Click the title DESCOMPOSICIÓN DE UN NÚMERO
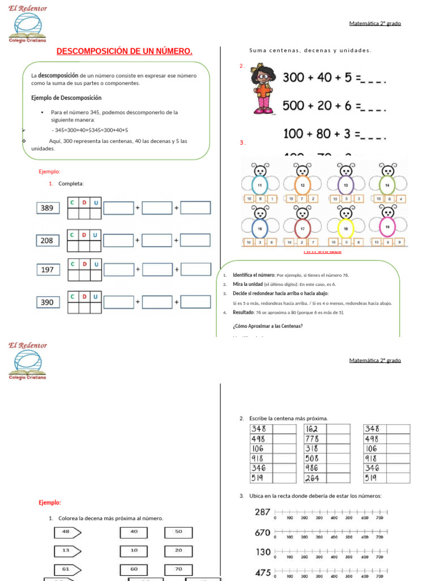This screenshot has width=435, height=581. click(125, 52)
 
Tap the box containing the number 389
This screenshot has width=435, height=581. click(47, 208)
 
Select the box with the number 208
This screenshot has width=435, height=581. click(47, 241)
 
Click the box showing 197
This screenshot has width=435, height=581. click(48, 270)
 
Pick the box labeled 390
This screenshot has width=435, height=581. click(47, 302)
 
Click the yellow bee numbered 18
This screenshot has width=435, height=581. click(346, 228)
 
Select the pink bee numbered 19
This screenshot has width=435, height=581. click(387, 227)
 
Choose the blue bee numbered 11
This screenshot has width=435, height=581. click(260, 185)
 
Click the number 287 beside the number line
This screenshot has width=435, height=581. click(262, 512)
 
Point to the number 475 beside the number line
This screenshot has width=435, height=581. click(262, 572)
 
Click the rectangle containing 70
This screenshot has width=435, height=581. click(178, 569)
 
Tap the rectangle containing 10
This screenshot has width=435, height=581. click(134, 550)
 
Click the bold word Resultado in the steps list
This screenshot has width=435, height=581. click(244, 312)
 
